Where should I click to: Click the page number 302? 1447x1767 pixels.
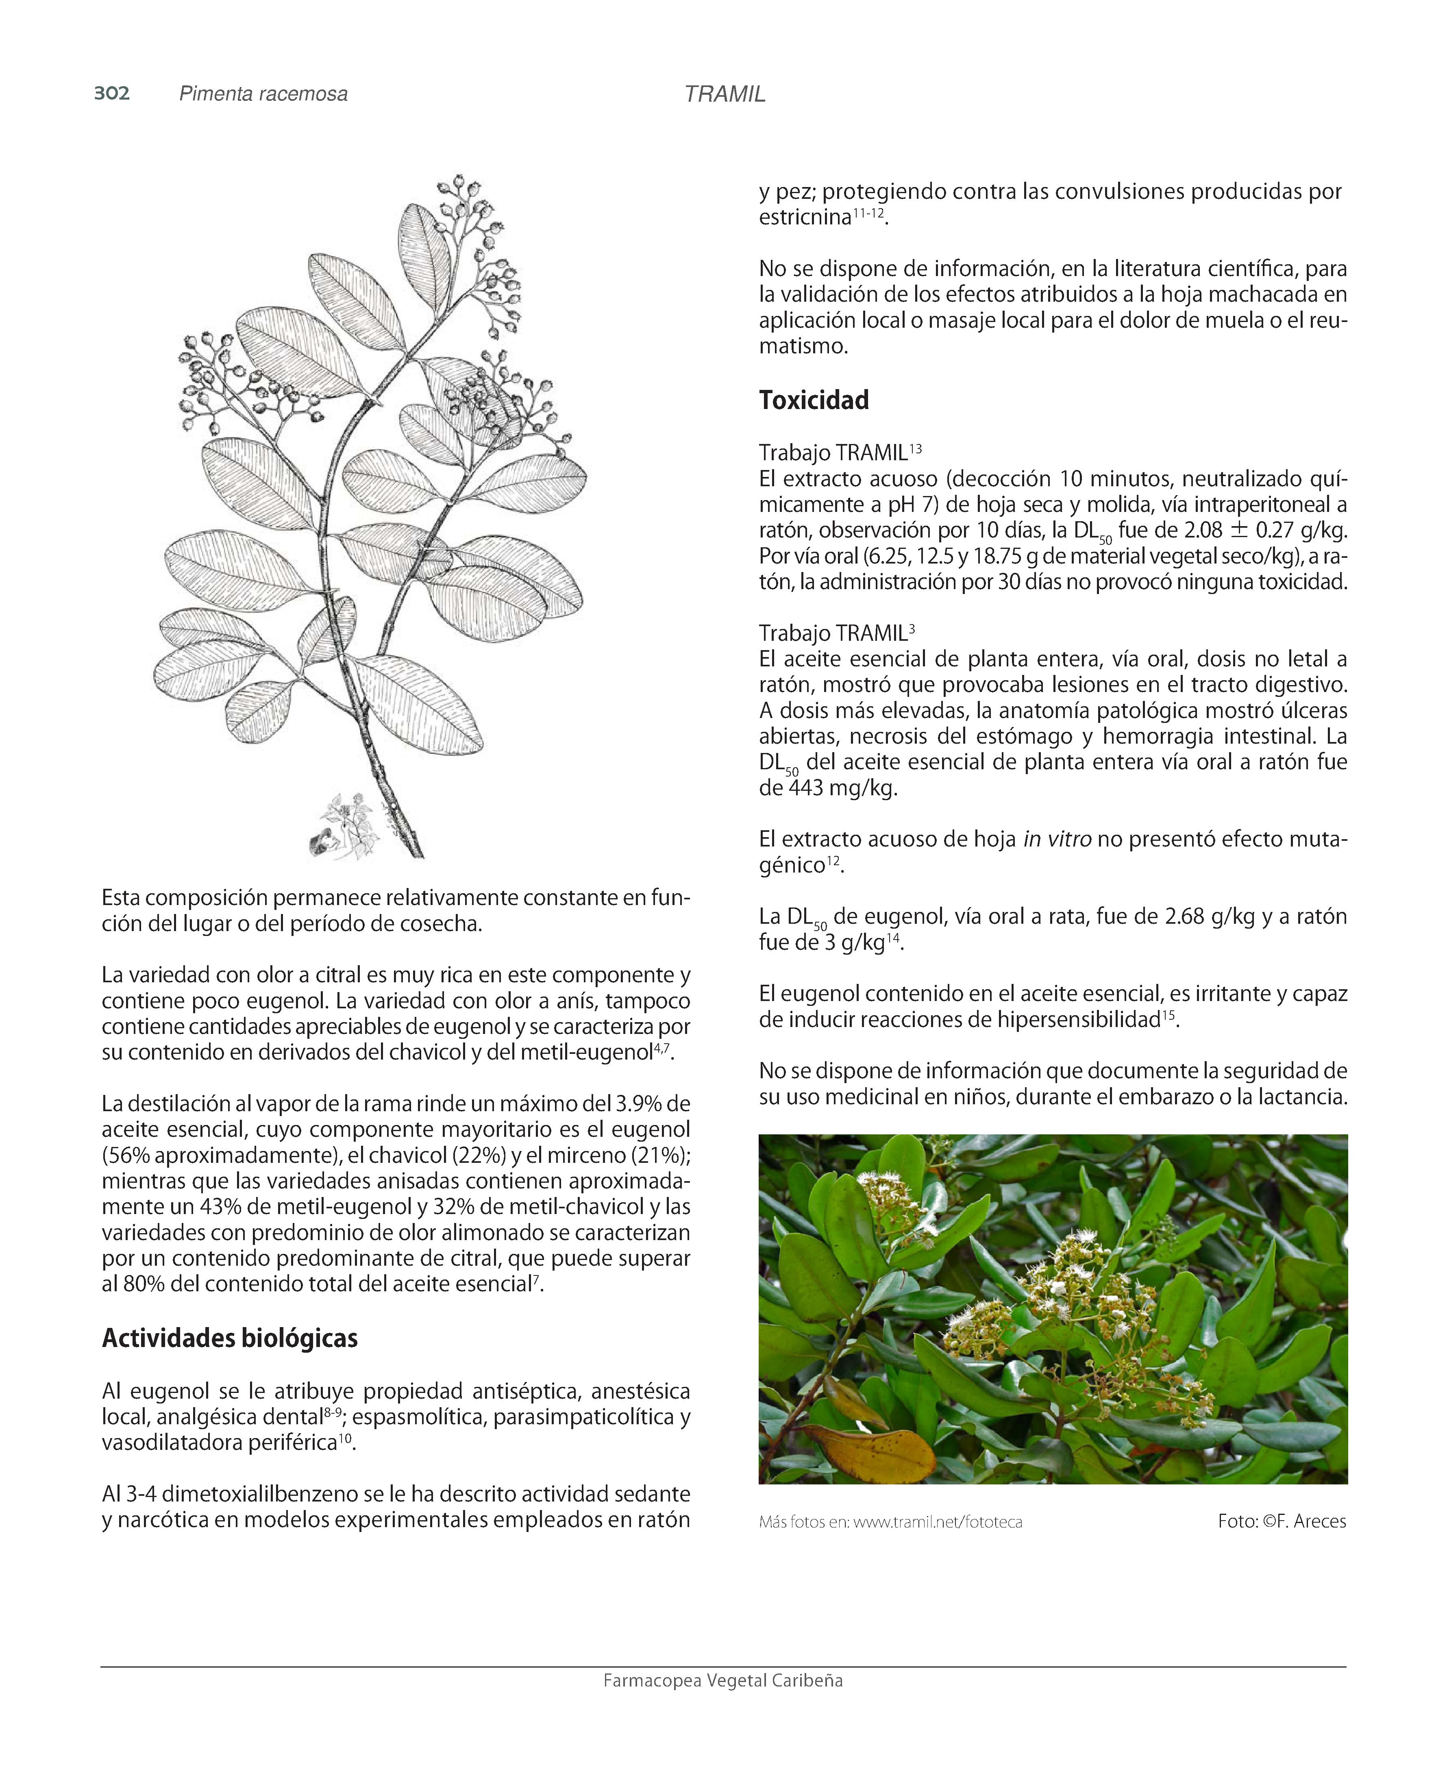[112, 94]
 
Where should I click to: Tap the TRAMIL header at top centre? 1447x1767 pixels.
[725, 94]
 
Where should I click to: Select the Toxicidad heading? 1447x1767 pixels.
[814, 400]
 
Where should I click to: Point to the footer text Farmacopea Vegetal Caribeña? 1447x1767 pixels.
[722, 1680]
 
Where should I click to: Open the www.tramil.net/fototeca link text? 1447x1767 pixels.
[938, 1522]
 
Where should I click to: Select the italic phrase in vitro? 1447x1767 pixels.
[1057, 839]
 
